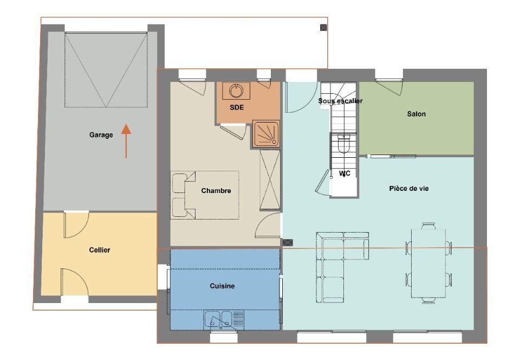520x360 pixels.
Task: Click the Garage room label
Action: pyautogui.click(x=101, y=134)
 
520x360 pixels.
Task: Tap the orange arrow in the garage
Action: pyautogui.click(x=126, y=141)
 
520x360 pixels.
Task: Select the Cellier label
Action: pyautogui.click(x=100, y=250)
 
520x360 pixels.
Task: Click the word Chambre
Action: pyautogui.click(x=216, y=190)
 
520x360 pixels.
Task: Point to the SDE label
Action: pyautogui.click(x=237, y=107)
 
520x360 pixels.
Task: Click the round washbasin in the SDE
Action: pyautogui.click(x=236, y=91)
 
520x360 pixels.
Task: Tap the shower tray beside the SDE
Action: pyautogui.click(x=266, y=133)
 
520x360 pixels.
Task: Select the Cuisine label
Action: pyautogui.click(x=222, y=286)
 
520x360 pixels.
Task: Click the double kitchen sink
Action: pyautogui.click(x=220, y=319)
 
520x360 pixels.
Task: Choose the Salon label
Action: pyautogui.click(x=416, y=114)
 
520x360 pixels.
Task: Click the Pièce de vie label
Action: pyautogui.click(x=409, y=189)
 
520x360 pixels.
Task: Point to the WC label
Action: pyautogui.click(x=344, y=173)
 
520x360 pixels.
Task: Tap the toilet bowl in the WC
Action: pyautogui.click(x=343, y=144)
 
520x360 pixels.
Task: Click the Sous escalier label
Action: pyautogui.click(x=340, y=100)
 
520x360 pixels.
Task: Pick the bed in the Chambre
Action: pyautogui.click(x=205, y=195)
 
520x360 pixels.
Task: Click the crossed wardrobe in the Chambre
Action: pyautogui.click(x=270, y=180)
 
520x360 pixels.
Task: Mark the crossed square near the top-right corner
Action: pyautogui.click(x=323, y=28)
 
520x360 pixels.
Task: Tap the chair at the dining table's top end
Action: pyautogui.click(x=428, y=226)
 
